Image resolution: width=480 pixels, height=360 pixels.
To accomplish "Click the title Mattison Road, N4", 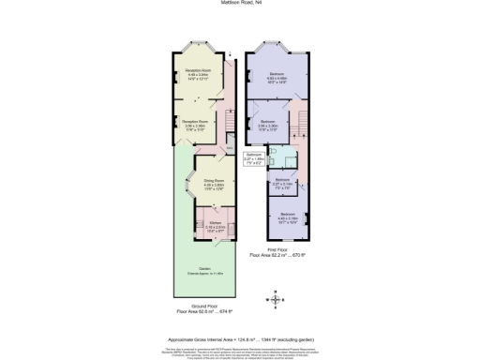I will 240,3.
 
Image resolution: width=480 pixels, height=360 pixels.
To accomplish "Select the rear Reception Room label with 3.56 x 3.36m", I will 194,123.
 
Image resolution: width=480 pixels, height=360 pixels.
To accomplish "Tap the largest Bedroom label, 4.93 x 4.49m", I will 277,76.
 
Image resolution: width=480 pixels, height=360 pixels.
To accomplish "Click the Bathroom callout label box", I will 254,157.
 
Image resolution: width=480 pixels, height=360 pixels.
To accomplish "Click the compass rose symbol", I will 275,299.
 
